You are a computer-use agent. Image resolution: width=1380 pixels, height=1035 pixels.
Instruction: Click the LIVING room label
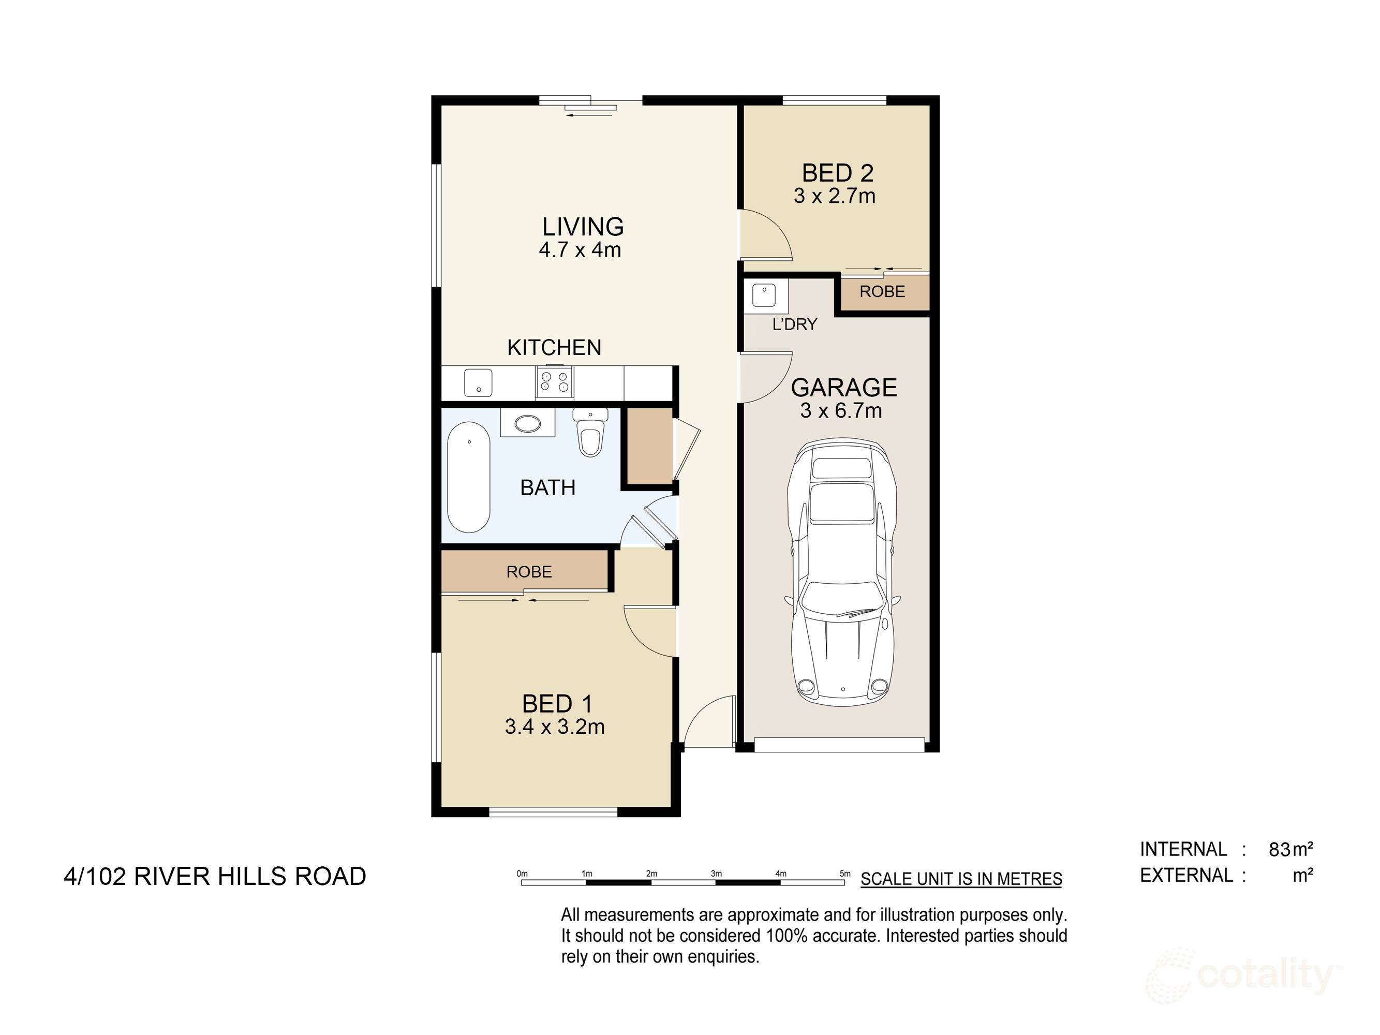point(582,227)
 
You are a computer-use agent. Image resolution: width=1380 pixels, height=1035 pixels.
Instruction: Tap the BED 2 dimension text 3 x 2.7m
point(834,196)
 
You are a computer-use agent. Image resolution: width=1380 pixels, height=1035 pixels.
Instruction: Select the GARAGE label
point(843,388)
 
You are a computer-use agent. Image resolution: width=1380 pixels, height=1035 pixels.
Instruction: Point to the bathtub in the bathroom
point(468,477)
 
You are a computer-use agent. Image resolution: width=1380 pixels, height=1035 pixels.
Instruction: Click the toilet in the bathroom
point(590,434)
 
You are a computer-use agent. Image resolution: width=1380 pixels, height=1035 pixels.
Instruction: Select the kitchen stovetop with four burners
point(554,382)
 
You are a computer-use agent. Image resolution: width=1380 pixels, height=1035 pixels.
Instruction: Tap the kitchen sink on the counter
point(478,382)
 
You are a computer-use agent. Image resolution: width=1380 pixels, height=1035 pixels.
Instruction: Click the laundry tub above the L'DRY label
point(764,295)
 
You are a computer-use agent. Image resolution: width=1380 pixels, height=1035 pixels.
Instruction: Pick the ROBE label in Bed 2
point(882,291)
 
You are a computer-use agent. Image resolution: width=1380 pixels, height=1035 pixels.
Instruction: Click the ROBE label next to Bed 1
point(528,571)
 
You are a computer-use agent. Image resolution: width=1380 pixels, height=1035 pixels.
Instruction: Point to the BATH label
point(547,487)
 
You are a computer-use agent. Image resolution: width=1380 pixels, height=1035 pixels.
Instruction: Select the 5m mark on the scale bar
point(845,874)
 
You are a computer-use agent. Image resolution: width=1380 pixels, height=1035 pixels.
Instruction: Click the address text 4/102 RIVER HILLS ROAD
point(215,876)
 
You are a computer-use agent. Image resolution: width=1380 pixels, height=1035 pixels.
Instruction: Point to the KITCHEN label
point(553,347)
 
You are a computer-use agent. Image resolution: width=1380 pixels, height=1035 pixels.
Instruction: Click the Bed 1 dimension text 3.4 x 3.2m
point(554,727)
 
